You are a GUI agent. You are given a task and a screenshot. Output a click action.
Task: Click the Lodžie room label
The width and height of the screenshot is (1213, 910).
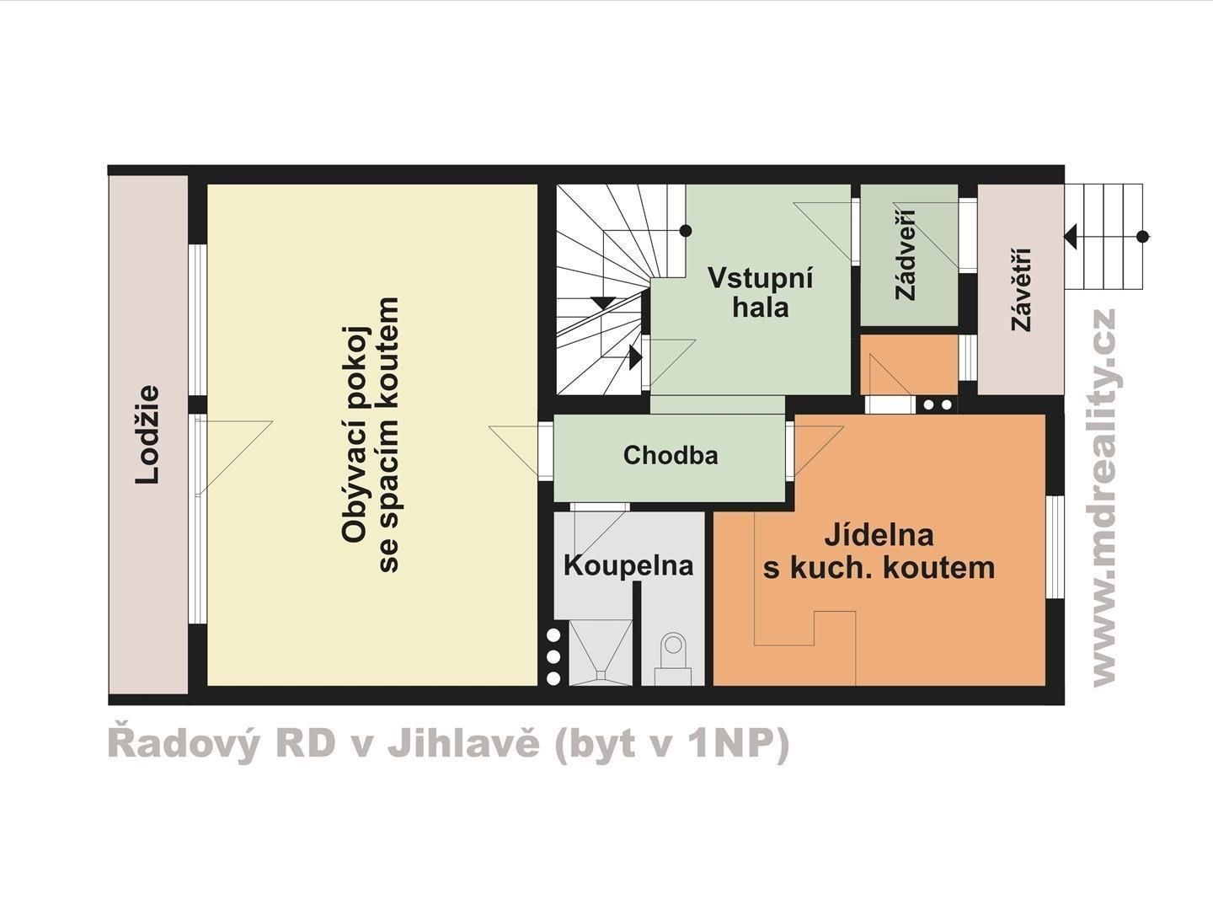[148, 434]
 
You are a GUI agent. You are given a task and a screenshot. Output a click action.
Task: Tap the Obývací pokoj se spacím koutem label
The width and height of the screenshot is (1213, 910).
[371, 434]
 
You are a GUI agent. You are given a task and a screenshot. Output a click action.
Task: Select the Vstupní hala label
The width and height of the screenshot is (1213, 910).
[761, 292]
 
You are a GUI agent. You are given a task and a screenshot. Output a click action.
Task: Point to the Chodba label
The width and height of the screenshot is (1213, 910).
[671, 456]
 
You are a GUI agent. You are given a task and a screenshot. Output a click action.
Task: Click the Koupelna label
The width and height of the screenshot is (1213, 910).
[628, 565]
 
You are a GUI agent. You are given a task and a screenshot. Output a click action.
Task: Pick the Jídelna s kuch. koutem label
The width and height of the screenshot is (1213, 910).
[879, 551]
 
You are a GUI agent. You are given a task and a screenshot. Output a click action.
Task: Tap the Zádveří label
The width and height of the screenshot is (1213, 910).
[907, 254]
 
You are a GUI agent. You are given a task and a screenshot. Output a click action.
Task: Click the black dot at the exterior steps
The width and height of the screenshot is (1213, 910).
[1143, 237]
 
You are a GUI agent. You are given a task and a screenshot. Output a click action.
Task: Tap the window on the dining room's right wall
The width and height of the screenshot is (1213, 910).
[1055, 547]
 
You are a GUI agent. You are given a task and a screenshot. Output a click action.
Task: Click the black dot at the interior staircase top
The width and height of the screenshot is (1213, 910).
[686, 230]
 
